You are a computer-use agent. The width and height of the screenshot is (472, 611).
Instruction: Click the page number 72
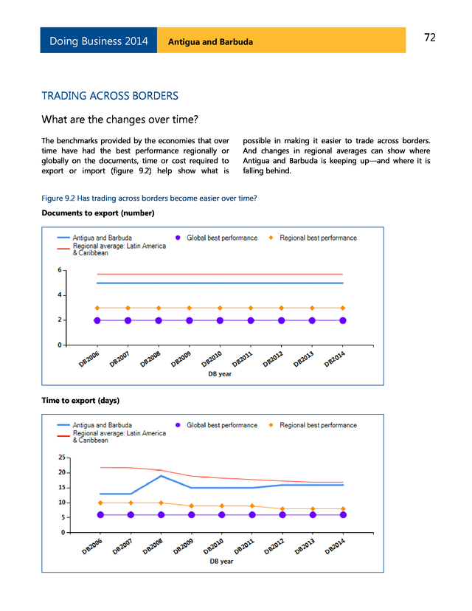[x=430, y=38]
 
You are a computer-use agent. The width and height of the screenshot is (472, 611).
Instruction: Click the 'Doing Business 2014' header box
[x=99, y=41]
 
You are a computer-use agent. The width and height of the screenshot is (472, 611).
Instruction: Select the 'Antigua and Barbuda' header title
[x=210, y=41]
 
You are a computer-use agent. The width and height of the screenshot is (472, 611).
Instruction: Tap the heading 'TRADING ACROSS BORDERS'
[x=110, y=96]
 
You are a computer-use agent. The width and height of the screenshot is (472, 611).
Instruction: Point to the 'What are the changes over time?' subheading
[x=120, y=120]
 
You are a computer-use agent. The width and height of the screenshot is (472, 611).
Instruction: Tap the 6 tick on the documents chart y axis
[x=60, y=270]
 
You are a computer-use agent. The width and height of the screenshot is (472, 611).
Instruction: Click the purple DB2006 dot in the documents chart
[x=97, y=320]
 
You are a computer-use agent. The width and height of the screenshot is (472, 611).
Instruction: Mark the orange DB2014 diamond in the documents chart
[x=343, y=308]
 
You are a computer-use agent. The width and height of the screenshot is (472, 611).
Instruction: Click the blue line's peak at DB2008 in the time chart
[x=162, y=476]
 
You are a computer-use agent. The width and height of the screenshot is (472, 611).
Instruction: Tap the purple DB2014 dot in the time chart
[x=343, y=515]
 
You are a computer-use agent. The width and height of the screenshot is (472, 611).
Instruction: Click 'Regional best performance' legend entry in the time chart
[x=318, y=425]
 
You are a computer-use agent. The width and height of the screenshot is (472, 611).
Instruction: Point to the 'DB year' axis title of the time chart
[x=221, y=562]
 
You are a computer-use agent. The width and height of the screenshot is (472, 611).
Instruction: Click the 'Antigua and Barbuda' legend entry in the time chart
[x=103, y=425]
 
